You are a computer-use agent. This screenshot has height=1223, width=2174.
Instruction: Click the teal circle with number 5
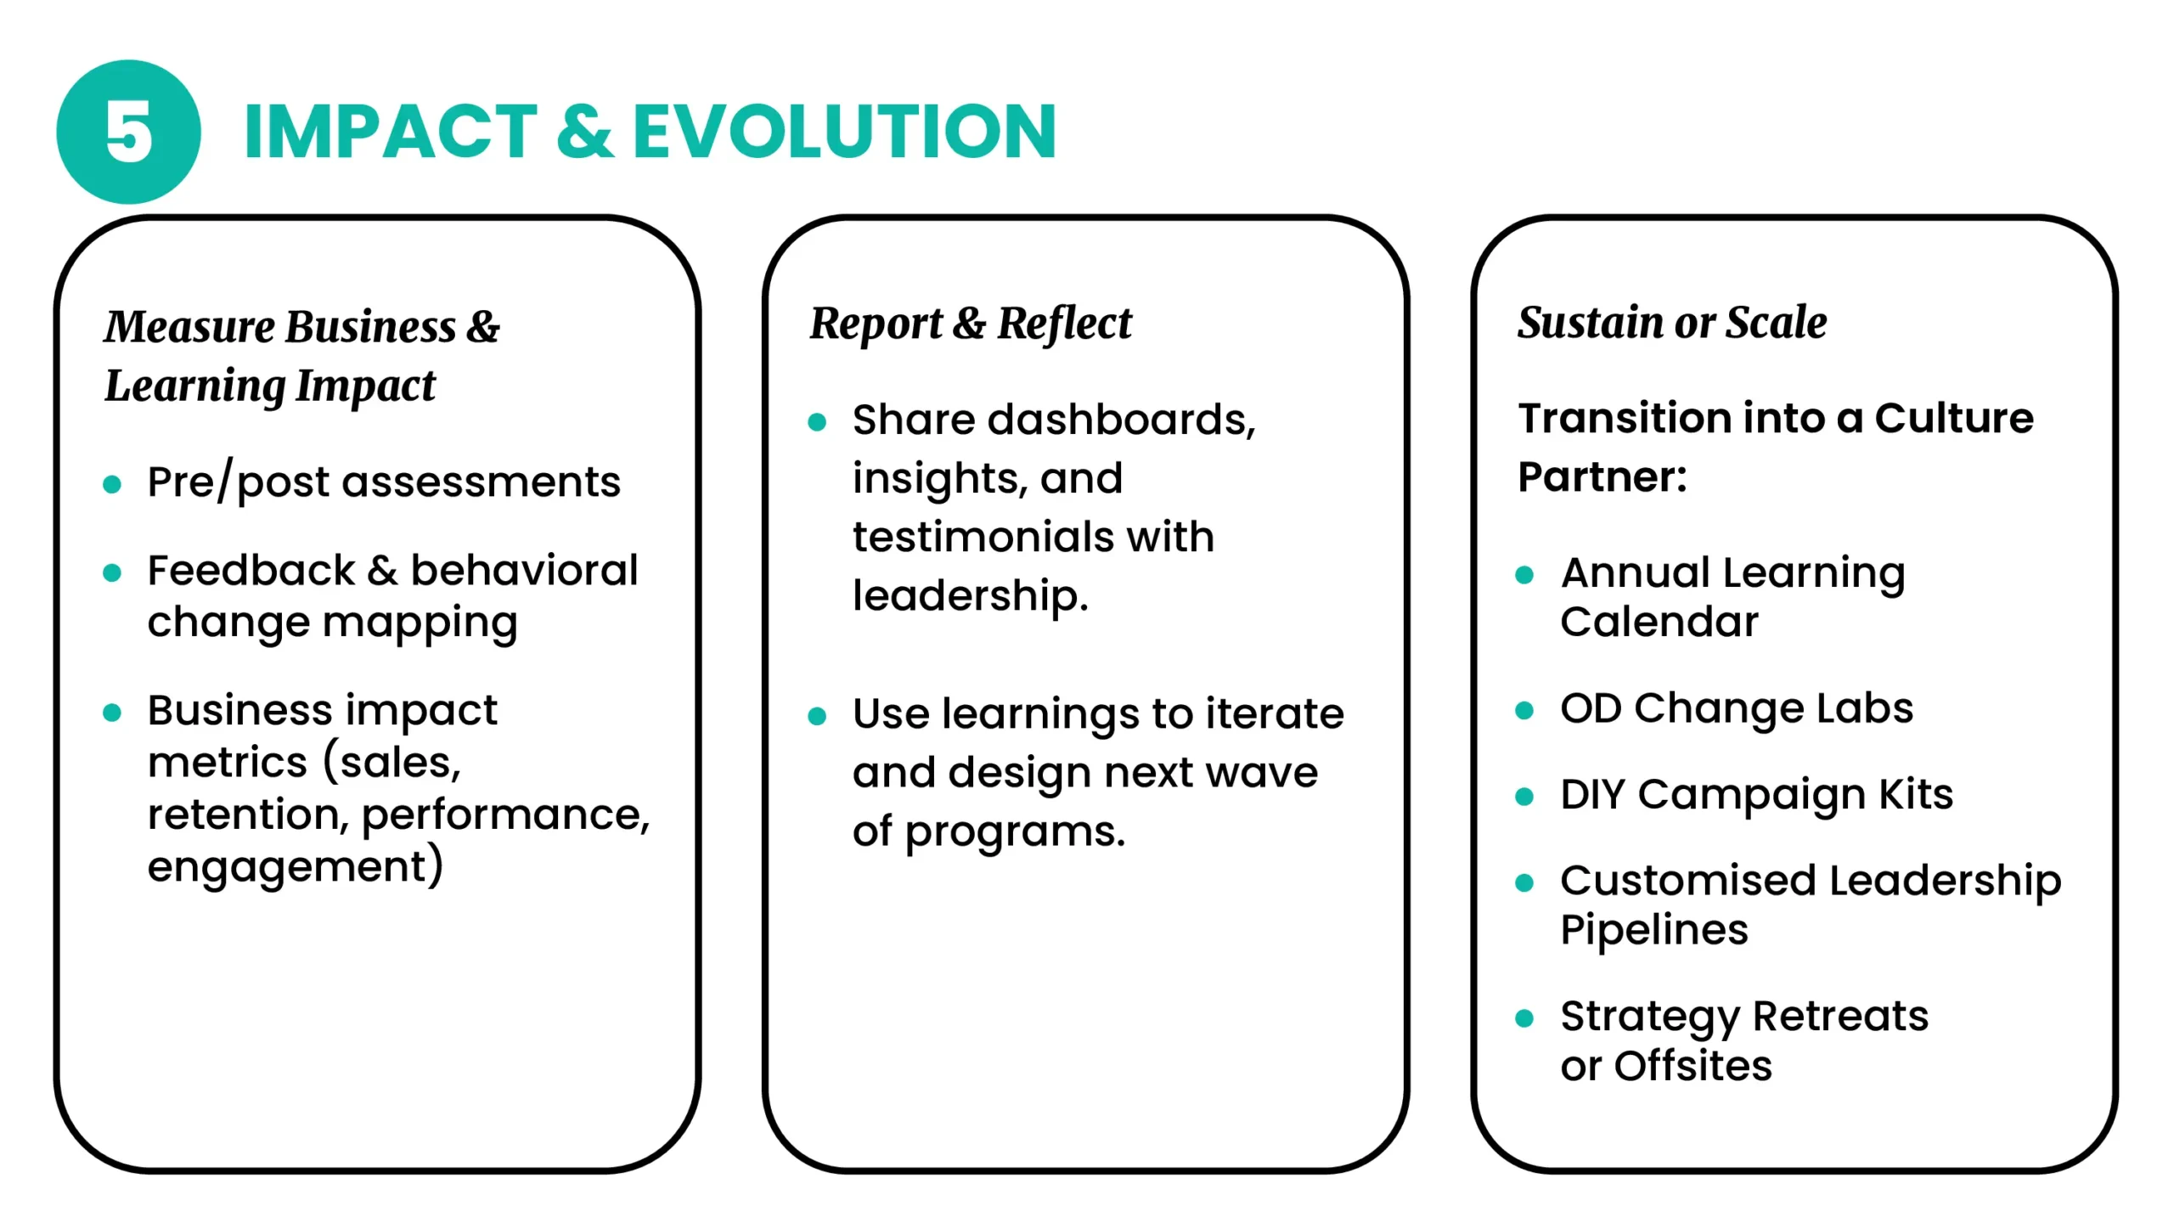(x=128, y=132)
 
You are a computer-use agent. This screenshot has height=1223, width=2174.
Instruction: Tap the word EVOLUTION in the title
(x=844, y=131)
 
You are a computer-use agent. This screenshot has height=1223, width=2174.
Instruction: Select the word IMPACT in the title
(x=390, y=131)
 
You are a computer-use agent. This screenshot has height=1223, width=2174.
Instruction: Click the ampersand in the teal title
(x=584, y=131)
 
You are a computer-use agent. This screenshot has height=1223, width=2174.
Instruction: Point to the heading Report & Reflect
(x=971, y=324)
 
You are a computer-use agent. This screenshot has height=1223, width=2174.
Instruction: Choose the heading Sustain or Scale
(x=1672, y=323)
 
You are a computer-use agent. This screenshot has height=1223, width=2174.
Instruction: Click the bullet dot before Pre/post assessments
(x=112, y=484)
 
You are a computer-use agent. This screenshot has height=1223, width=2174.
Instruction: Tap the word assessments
(x=482, y=482)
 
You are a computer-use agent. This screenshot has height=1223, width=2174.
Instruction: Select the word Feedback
(x=251, y=570)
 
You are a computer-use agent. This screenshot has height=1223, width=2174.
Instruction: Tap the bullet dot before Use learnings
(x=817, y=717)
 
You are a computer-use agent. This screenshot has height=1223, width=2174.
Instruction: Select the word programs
(x=1015, y=832)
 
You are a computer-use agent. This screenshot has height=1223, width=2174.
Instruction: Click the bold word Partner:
(x=1602, y=476)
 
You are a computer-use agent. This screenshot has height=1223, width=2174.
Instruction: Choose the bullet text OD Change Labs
(x=1737, y=708)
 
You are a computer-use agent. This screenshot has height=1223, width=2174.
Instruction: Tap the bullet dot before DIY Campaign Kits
(x=1524, y=797)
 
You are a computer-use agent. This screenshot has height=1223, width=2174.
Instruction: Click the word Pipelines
(x=1654, y=930)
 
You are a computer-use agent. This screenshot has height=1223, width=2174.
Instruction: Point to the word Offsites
(x=1693, y=1066)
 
